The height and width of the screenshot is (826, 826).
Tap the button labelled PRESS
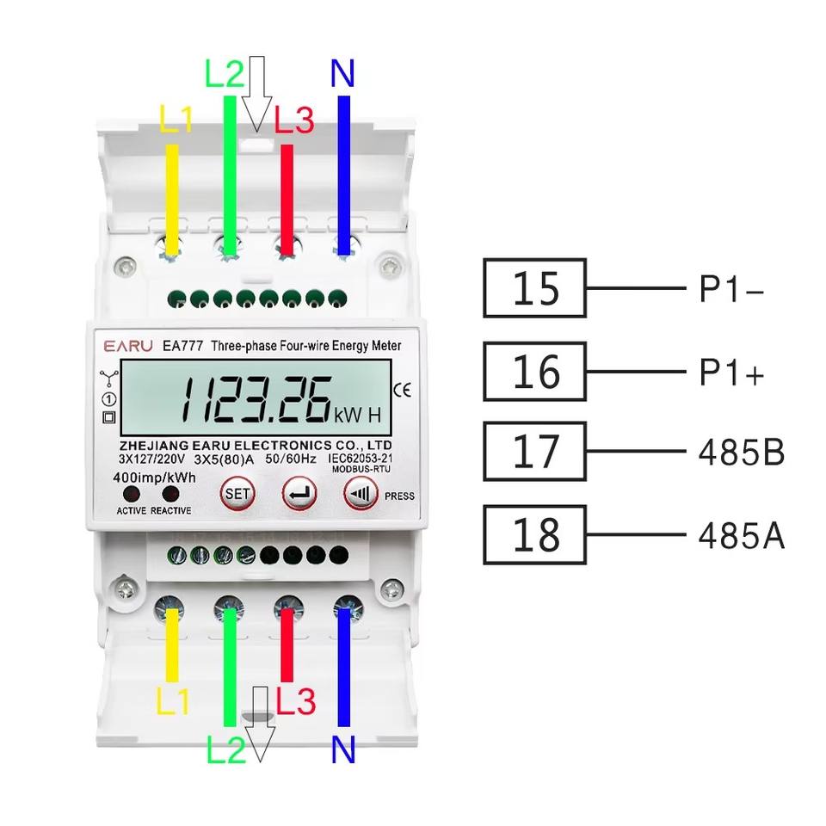coord(360,494)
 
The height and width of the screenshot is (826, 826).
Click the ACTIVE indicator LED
coord(131,494)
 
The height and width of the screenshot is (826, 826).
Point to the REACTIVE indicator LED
coord(170,494)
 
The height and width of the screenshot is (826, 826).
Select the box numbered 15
coord(535,288)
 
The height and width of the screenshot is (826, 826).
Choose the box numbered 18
coord(535,534)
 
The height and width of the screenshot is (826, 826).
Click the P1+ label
coord(730,373)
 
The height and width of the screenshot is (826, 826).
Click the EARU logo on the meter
coord(128,346)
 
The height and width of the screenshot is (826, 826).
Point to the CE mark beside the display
coord(402,389)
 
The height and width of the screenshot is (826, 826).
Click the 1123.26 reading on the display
coord(256,400)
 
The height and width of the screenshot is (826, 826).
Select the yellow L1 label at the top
coord(176,120)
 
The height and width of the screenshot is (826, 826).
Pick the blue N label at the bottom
coord(342,750)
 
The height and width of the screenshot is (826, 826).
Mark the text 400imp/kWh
coord(153,477)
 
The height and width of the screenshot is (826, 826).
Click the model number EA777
coord(182,346)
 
